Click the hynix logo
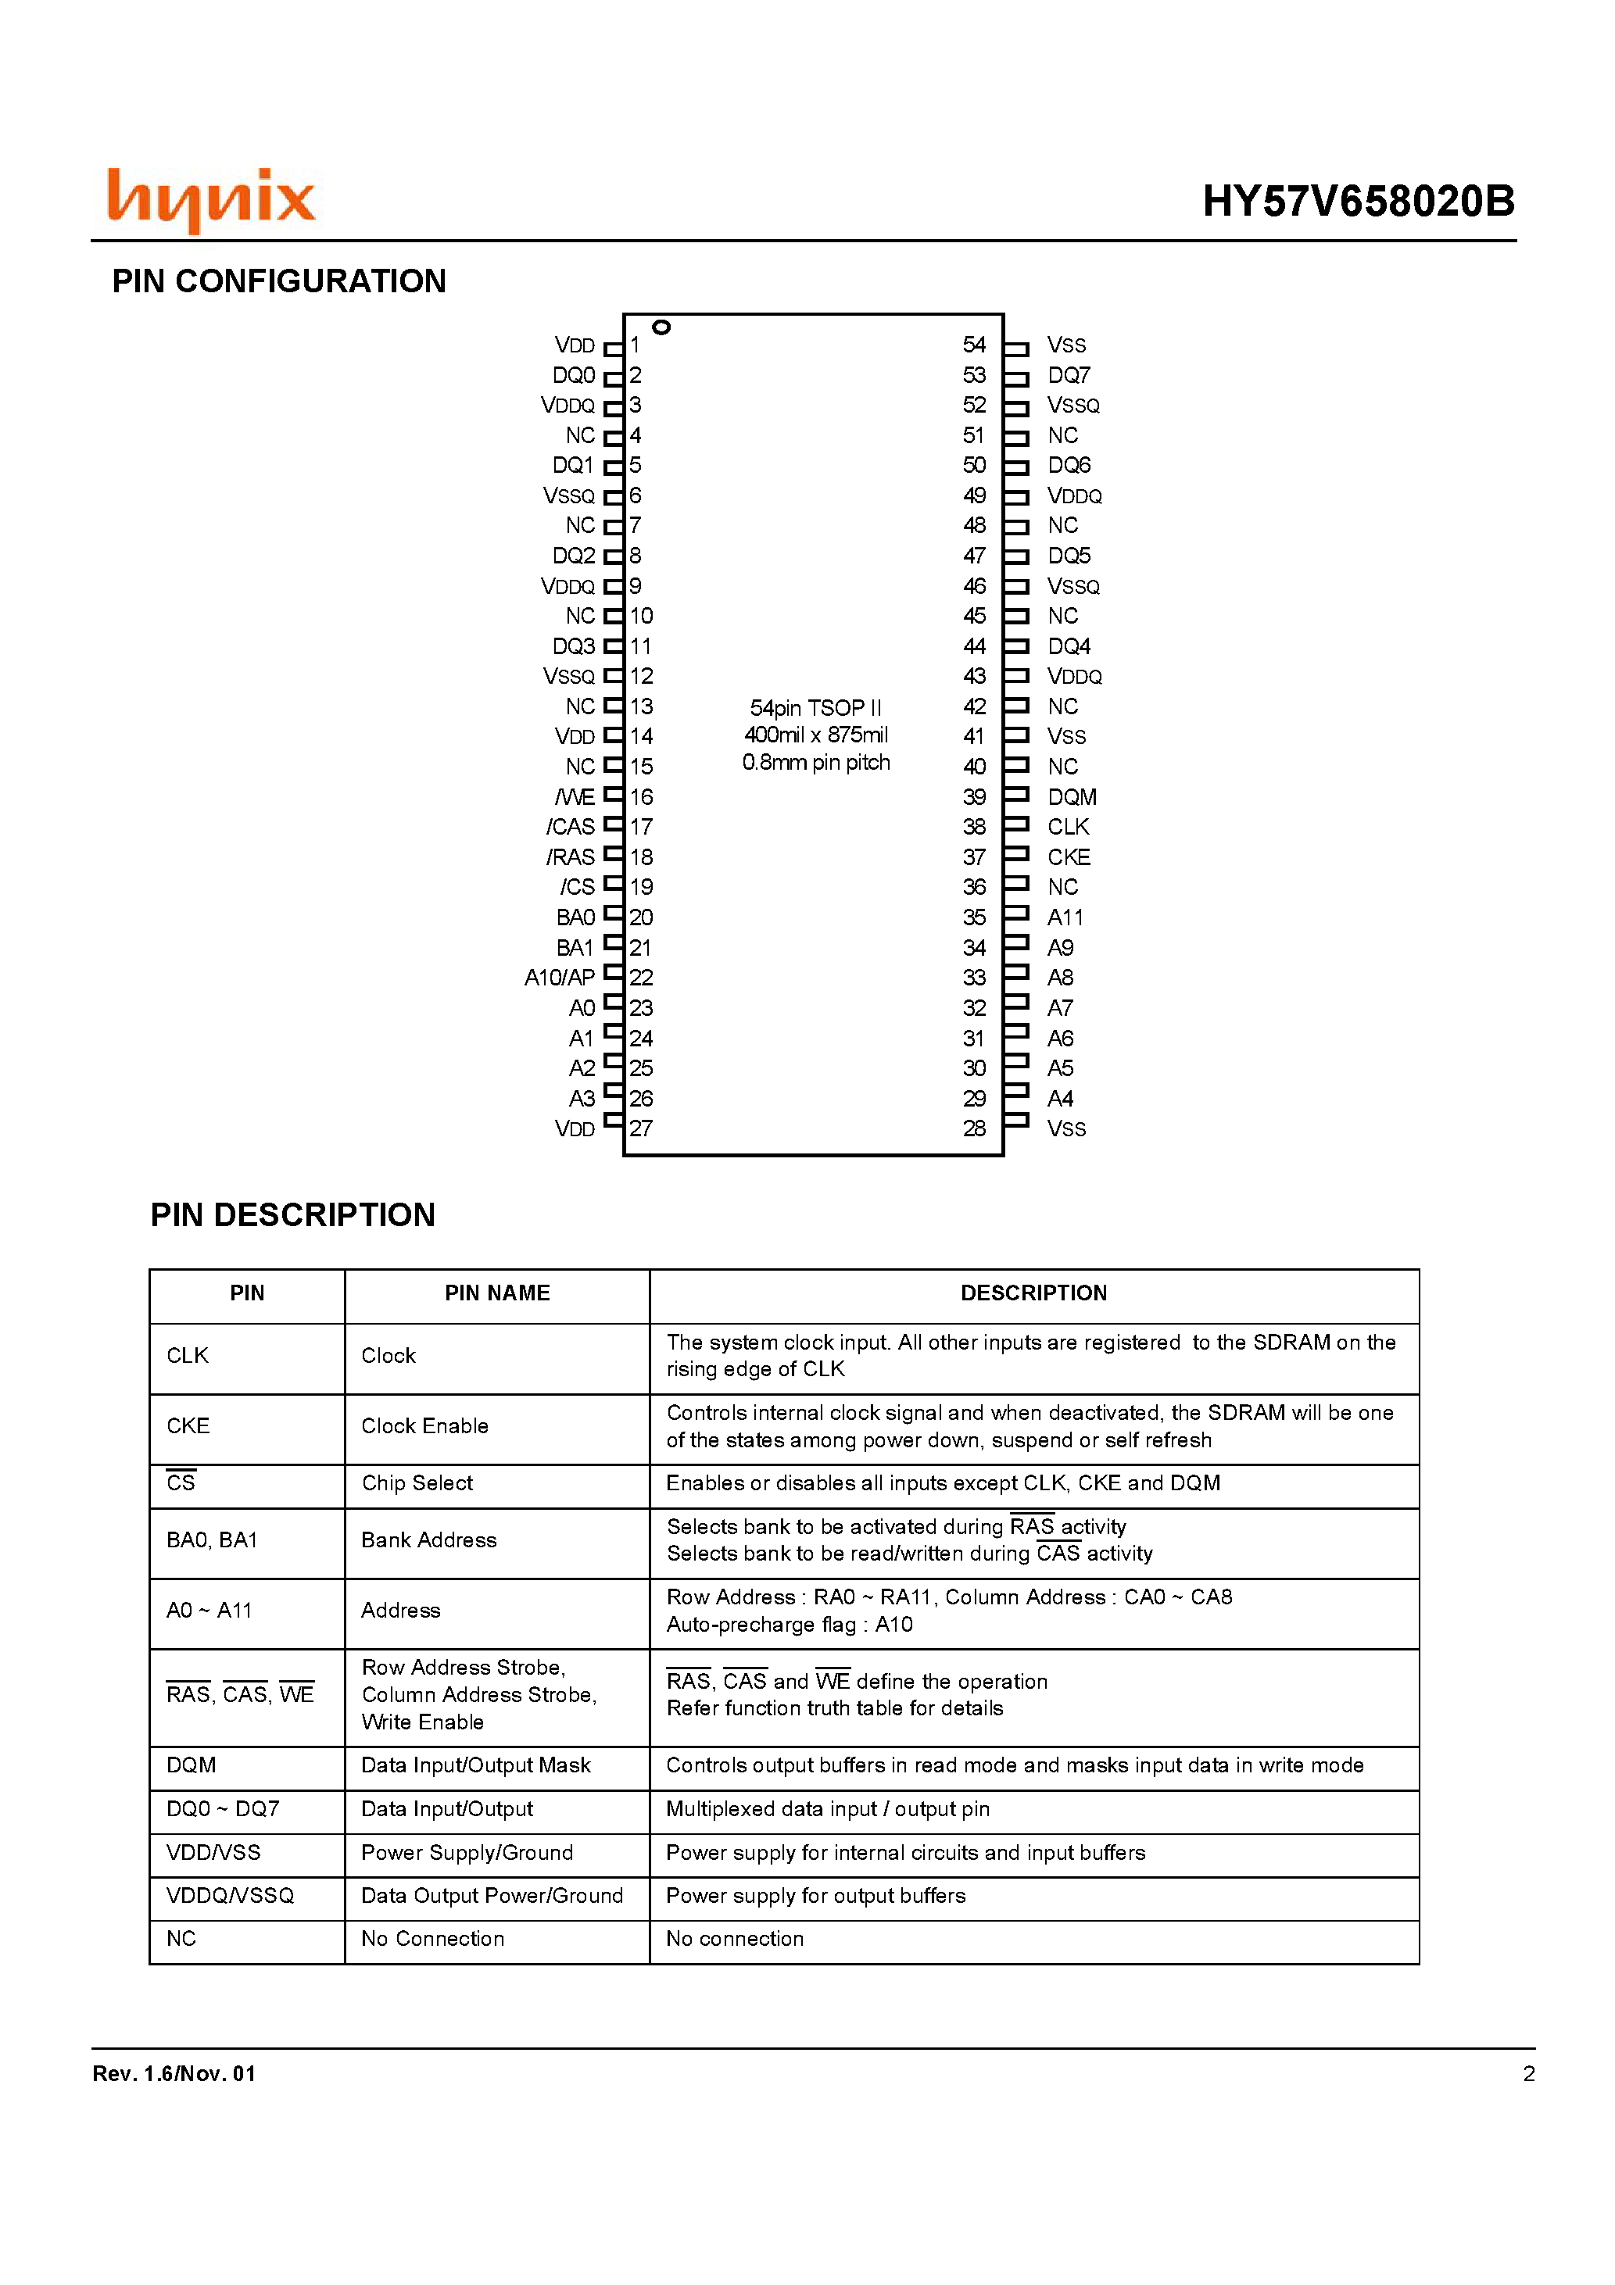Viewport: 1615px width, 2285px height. (211, 199)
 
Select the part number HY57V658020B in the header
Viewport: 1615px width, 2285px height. (1357, 201)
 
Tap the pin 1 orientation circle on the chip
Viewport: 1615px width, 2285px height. (661, 327)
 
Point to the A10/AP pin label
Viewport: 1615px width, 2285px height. (560, 978)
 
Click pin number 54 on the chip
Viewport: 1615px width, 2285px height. (974, 345)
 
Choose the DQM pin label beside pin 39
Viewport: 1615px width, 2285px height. (1072, 797)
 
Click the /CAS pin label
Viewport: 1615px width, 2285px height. (570, 827)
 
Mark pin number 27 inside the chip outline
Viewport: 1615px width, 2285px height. (641, 1128)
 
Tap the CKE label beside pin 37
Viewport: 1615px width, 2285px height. (1069, 856)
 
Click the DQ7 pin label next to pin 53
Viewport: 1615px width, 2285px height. (1069, 375)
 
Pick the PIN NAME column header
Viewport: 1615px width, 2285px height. (497, 1293)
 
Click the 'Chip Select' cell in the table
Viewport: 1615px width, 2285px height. (417, 1483)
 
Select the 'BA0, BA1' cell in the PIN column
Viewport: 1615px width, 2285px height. (212, 1539)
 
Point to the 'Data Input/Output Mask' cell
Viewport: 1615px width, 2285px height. (476, 1765)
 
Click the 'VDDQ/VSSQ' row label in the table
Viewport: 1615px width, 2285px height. (230, 1895)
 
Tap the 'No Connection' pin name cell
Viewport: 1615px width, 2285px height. (433, 1939)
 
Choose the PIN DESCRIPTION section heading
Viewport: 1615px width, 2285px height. (292, 1214)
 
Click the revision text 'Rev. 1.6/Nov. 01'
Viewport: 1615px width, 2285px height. (174, 2073)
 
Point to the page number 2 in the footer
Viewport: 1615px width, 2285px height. (1528, 2073)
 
